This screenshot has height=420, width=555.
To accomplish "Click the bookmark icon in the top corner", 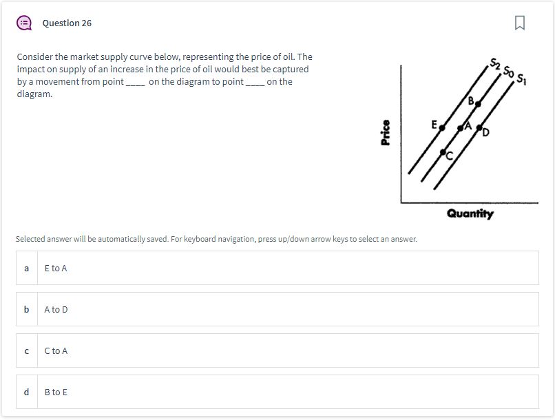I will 519,23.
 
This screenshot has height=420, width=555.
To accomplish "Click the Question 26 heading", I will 67,23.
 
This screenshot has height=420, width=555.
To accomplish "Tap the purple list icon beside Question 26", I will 24,23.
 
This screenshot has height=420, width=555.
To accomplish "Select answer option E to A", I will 56,269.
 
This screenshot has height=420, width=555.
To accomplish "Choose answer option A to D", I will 56,310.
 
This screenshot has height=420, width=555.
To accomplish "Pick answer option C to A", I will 56,351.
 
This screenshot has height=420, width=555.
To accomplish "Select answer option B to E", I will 56,392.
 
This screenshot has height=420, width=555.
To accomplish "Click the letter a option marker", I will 26,269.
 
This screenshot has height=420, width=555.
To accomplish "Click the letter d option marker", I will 26,392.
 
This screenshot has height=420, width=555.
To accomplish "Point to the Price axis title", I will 386,133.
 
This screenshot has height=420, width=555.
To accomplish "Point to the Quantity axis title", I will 470,214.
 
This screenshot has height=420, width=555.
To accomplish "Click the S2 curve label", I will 495,65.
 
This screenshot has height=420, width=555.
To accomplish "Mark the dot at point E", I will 442,127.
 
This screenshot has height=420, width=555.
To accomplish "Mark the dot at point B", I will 478,104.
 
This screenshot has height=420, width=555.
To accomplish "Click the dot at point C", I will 443,151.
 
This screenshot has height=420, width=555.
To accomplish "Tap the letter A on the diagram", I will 468,126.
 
